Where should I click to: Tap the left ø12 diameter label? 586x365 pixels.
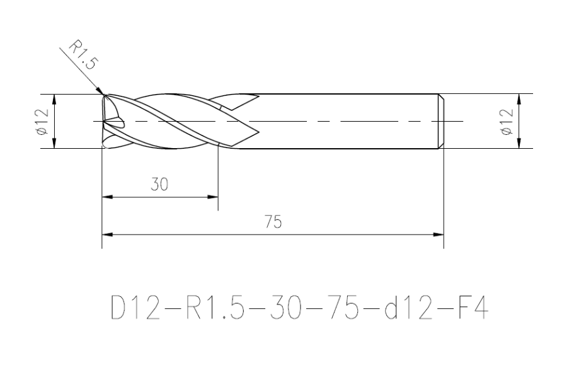(43, 122)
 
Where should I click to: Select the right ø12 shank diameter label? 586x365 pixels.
(507, 122)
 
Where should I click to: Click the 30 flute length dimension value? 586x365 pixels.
(159, 184)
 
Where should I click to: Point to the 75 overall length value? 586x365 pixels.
(273, 222)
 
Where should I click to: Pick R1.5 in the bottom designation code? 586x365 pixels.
(215, 308)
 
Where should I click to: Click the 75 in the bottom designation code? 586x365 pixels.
(345, 308)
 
